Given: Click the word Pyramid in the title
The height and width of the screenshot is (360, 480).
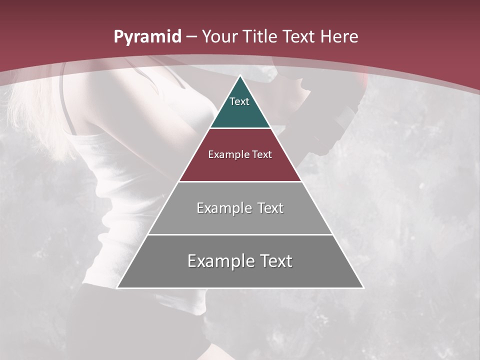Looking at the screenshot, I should click(147, 37).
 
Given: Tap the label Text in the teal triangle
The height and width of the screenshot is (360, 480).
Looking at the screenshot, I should click(239, 101).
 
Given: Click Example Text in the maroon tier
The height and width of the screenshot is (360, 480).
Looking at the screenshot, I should click(240, 154).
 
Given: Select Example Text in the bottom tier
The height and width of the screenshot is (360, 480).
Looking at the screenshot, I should click(240, 261).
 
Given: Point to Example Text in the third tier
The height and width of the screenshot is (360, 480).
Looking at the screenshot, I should click(240, 208).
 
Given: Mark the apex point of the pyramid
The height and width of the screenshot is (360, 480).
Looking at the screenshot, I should click(240, 76).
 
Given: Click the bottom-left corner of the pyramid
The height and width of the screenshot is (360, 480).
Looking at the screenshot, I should click(117, 287).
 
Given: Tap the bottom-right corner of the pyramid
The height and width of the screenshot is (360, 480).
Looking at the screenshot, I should click(363, 287).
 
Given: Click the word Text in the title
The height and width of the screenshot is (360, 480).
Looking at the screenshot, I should click(299, 37).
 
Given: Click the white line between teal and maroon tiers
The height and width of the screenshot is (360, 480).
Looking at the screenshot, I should click(240, 128).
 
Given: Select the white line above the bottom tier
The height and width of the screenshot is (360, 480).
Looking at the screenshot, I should click(240, 234).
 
